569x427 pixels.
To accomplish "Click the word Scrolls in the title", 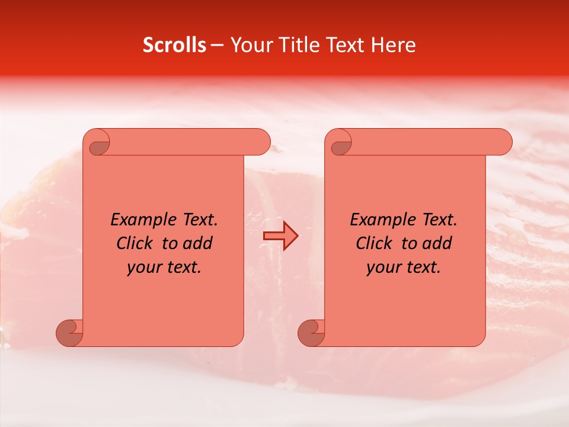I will tap(174, 45).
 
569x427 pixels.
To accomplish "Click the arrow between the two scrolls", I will tap(280, 236).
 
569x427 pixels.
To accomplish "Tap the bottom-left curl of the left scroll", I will tap(70, 332).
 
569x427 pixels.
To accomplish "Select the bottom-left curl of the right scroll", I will tap(312, 332).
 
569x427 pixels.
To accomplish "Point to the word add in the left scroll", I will tap(199, 243).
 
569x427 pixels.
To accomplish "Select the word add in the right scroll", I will tap(438, 243).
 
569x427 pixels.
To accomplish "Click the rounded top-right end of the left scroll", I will tap(261, 142).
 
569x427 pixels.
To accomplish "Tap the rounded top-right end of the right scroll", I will tap(503, 142).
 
